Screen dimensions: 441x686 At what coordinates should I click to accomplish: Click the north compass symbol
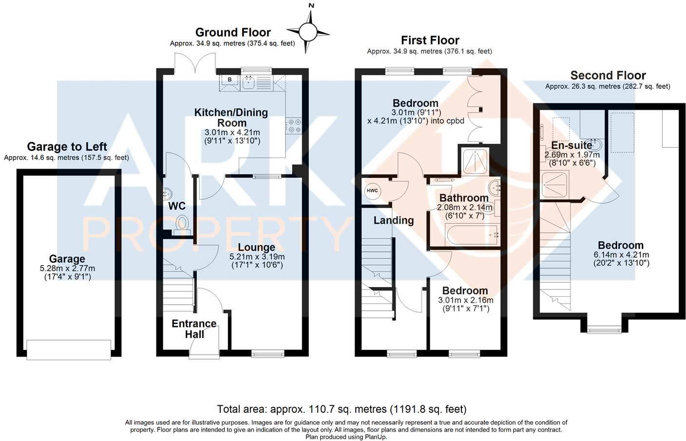coord(308,32)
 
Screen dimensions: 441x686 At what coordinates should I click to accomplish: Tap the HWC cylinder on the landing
coord(372,191)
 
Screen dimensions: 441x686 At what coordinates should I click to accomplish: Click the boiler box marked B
coord(229,80)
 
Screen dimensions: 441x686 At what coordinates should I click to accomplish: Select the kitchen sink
coord(248,82)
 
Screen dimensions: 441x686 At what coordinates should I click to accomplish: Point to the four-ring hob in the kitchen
coord(294,126)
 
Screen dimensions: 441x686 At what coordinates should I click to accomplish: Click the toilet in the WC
coord(182,223)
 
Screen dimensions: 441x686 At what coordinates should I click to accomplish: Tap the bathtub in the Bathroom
coord(471,236)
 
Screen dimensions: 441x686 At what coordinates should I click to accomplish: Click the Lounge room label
coord(256,248)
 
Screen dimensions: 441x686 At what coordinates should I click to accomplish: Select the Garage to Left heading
coord(67,147)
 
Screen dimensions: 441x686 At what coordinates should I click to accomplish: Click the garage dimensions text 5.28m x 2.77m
coord(67,268)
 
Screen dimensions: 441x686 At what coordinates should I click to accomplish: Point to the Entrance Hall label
coord(194,329)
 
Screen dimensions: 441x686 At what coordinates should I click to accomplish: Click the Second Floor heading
coord(608,76)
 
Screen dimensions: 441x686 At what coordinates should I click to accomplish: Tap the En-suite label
coord(572,145)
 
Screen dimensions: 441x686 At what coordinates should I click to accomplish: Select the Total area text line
coord(342,409)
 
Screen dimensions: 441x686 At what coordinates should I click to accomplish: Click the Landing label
coord(393,220)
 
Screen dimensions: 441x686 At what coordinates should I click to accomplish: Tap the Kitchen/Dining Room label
coord(231,117)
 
